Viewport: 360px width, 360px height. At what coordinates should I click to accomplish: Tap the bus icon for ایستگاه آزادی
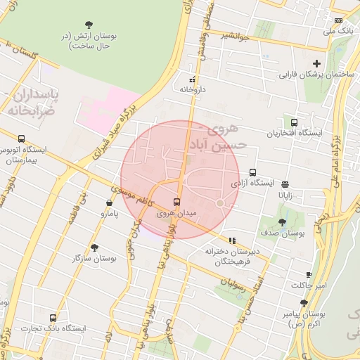[252, 172]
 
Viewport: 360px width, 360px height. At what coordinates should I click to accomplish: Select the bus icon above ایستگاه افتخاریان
[293, 122]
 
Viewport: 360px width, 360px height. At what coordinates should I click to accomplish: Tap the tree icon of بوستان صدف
[282, 222]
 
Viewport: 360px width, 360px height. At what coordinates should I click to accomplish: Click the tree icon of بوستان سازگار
[94, 247]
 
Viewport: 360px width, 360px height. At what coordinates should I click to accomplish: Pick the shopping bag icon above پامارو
[109, 202]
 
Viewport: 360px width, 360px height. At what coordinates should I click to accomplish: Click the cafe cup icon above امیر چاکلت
[309, 274]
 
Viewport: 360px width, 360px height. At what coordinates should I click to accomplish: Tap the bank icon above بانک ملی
[338, 20]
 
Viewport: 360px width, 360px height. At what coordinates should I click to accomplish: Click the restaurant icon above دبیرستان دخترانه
[232, 240]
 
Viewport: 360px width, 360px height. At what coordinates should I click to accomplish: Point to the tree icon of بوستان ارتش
[88, 25]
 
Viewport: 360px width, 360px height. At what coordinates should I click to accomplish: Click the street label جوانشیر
[235, 35]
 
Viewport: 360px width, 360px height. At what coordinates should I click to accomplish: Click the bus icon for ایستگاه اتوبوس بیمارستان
[22, 139]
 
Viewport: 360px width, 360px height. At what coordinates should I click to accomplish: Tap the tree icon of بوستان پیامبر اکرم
[304, 302]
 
